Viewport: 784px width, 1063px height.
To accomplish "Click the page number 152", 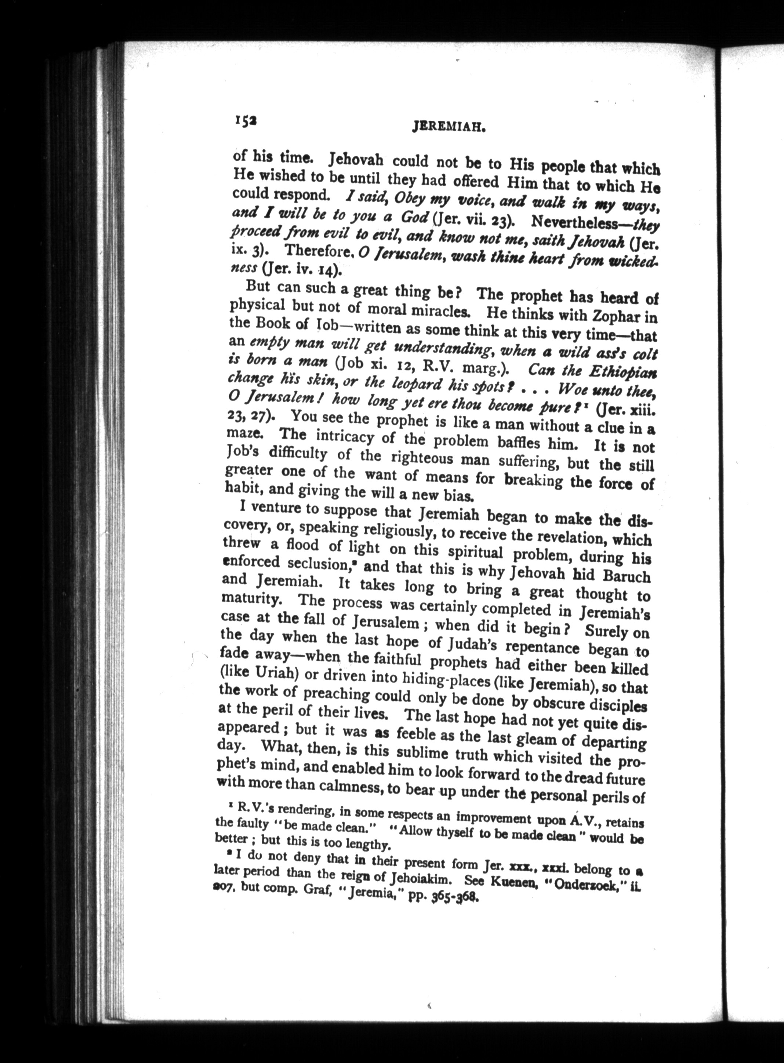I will coord(245,121).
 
